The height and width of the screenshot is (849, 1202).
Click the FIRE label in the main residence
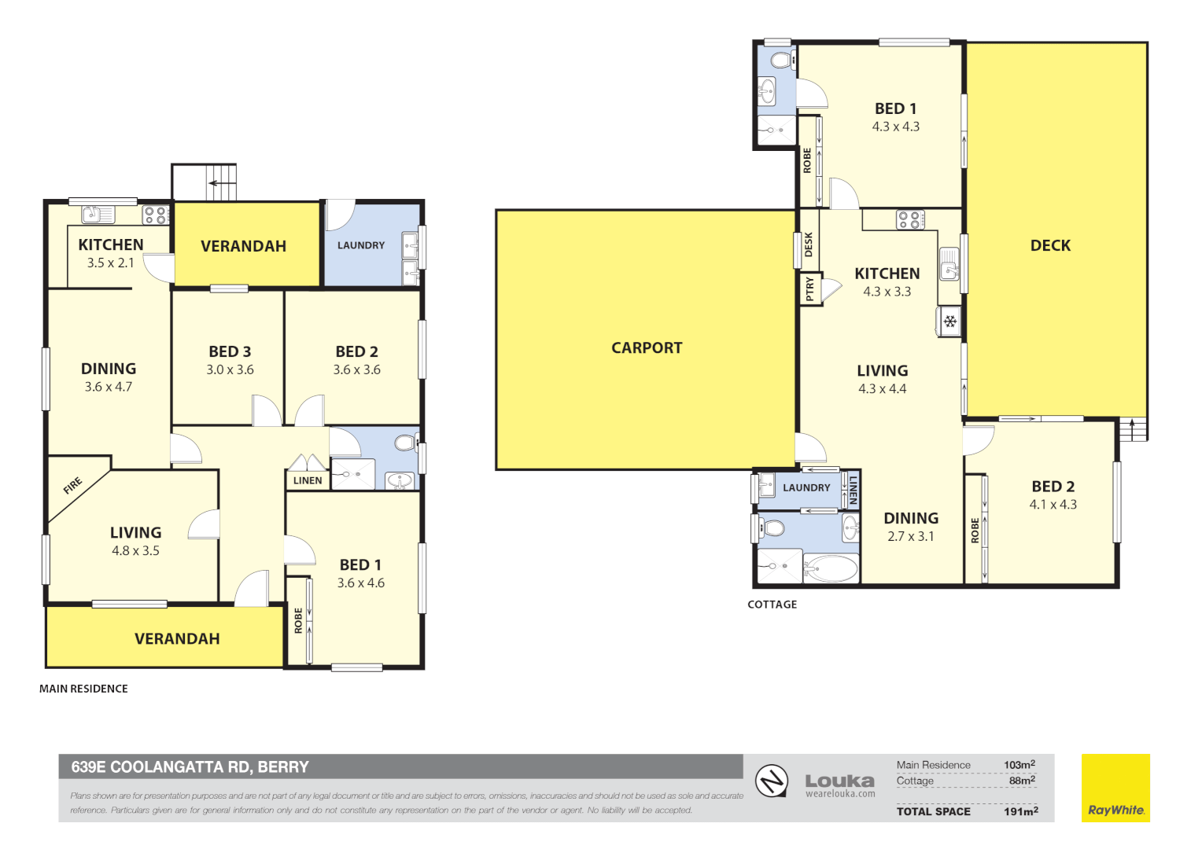(x=72, y=485)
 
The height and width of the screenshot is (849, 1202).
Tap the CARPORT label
(x=647, y=348)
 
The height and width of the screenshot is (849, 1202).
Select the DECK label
(x=1050, y=245)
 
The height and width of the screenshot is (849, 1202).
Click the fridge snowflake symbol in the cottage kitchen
(x=950, y=322)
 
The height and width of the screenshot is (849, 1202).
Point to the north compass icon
(x=772, y=781)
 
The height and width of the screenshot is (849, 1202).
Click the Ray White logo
(x=1115, y=788)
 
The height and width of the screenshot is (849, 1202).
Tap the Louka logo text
(x=840, y=781)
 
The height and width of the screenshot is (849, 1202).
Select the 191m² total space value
(x=1020, y=811)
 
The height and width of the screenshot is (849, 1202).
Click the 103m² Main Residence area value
(x=1019, y=765)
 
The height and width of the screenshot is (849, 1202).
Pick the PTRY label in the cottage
(x=809, y=289)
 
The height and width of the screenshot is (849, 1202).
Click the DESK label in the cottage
(x=809, y=244)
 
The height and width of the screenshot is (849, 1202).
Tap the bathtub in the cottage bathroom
(x=831, y=569)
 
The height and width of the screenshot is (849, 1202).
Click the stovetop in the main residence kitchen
(x=157, y=215)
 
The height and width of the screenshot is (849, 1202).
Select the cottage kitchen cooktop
(x=911, y=220)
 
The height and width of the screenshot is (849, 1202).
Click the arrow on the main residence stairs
(x=222, y=183)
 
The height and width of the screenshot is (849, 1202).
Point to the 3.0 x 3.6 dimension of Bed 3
(x=230, y=370)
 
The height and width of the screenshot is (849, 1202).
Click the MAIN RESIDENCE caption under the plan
(x=83, y=689)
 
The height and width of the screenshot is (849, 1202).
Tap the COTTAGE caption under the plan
(x=772, y=605)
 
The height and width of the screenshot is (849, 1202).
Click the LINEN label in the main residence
(x=308, y=480)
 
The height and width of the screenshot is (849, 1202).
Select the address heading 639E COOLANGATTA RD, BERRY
(x=190, y=767)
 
